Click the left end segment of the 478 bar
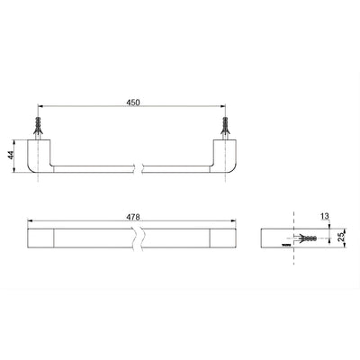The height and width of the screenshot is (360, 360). click(x=42, y=238)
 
